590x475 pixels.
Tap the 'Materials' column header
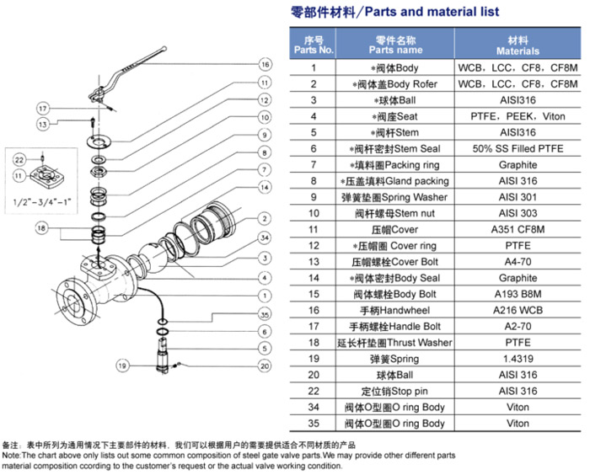[x=518, y=45]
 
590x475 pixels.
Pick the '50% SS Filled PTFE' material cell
[x=518, y=148]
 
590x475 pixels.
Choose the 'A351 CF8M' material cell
[x=518, y=229]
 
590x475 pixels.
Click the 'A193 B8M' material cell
[x=518, y=294]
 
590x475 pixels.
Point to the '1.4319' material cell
[x=518, y=359]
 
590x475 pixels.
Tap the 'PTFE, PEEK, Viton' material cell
[x=518, y=116]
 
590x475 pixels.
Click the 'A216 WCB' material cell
[x=518, y=310]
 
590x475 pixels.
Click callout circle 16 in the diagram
[x=264, y=64]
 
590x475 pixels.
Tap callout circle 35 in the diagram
[x=264, y=315]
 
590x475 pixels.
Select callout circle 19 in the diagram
[x=122, y=366]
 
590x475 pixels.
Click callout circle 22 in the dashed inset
[x=19, y=157]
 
